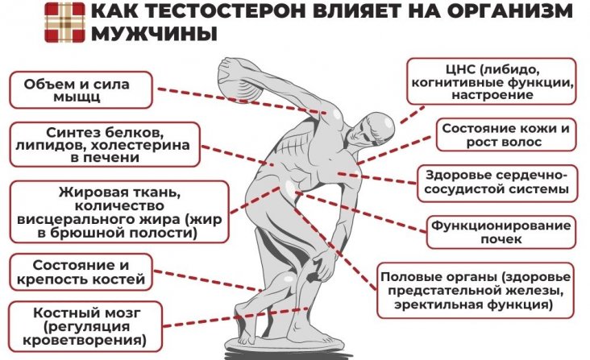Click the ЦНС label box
click(x=492, y=80)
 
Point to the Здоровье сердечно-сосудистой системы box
click(x=497, y=184)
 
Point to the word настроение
click(x=494, y=95)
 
